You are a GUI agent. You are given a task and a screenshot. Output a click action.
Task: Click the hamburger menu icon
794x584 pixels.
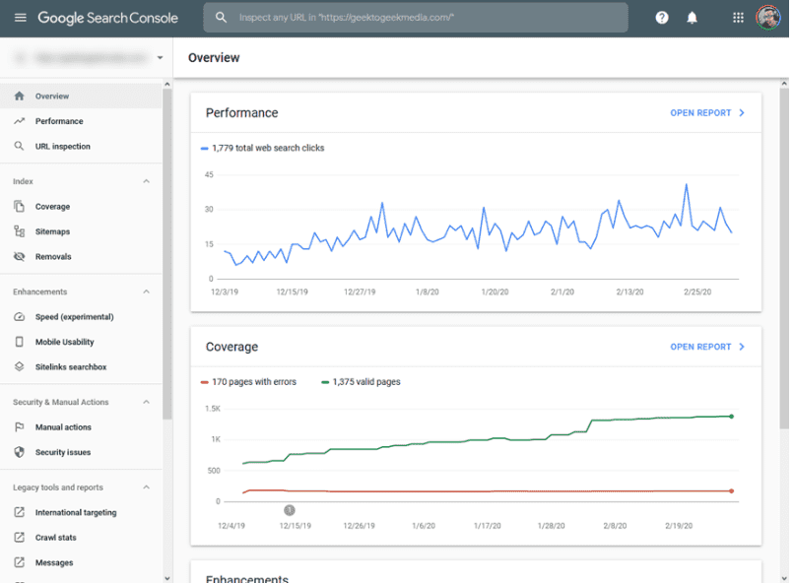(20, 18)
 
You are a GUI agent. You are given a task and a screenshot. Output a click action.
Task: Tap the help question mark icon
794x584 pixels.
(662, 18)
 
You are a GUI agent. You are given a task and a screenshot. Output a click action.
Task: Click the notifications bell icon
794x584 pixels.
(692, 18)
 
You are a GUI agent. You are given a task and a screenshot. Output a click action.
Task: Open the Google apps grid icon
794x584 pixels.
(739, 18)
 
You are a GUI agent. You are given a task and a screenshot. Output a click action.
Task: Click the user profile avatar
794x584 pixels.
(768, 18)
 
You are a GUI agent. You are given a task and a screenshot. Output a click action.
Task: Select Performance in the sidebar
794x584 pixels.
(59, 121)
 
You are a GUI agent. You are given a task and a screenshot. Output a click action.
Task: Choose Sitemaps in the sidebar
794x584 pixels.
(52, 231)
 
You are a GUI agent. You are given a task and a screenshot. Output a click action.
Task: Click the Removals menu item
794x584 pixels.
(53, 256)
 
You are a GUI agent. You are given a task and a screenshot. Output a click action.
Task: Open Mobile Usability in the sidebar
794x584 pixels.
(64, 342)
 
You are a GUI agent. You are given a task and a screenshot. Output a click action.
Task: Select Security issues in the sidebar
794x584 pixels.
(63, 452)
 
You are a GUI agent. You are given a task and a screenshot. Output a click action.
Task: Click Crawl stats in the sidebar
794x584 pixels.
(55, 538)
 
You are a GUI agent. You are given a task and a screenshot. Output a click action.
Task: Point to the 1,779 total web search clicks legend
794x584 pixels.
(267, 148)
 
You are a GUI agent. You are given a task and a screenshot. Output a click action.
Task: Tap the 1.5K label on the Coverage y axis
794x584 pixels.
(212, 408)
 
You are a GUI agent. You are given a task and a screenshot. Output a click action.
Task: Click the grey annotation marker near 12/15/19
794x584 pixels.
(290, 510)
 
